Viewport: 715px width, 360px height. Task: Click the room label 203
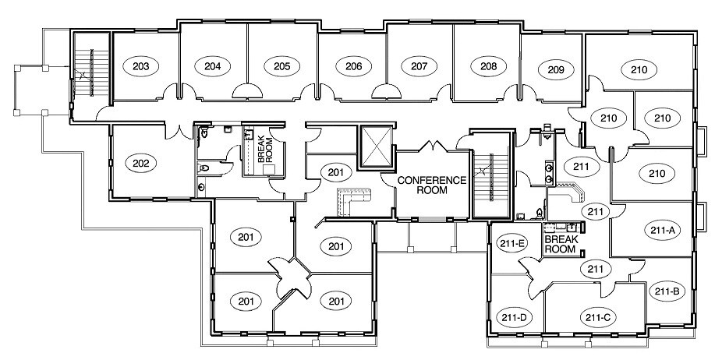pos(141,66)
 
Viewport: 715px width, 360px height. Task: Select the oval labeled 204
pos(213,66)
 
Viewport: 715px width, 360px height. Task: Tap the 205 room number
pos(281,66)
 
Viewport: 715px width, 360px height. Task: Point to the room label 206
pos(353,66)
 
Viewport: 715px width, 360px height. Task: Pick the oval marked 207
pos(419,66)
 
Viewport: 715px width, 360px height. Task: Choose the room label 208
pos(489,66)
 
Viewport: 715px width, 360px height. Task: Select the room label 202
pos(141,164)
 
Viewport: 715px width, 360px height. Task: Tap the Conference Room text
pos(432,185)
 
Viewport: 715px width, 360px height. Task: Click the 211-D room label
pos(514,317)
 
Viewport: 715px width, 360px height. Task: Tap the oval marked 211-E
pos(512,243)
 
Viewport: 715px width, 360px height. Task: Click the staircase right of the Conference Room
pos(490,175)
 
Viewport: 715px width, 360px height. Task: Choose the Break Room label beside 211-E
pos(560,244)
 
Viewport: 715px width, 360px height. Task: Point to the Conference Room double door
pos(433,147)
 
